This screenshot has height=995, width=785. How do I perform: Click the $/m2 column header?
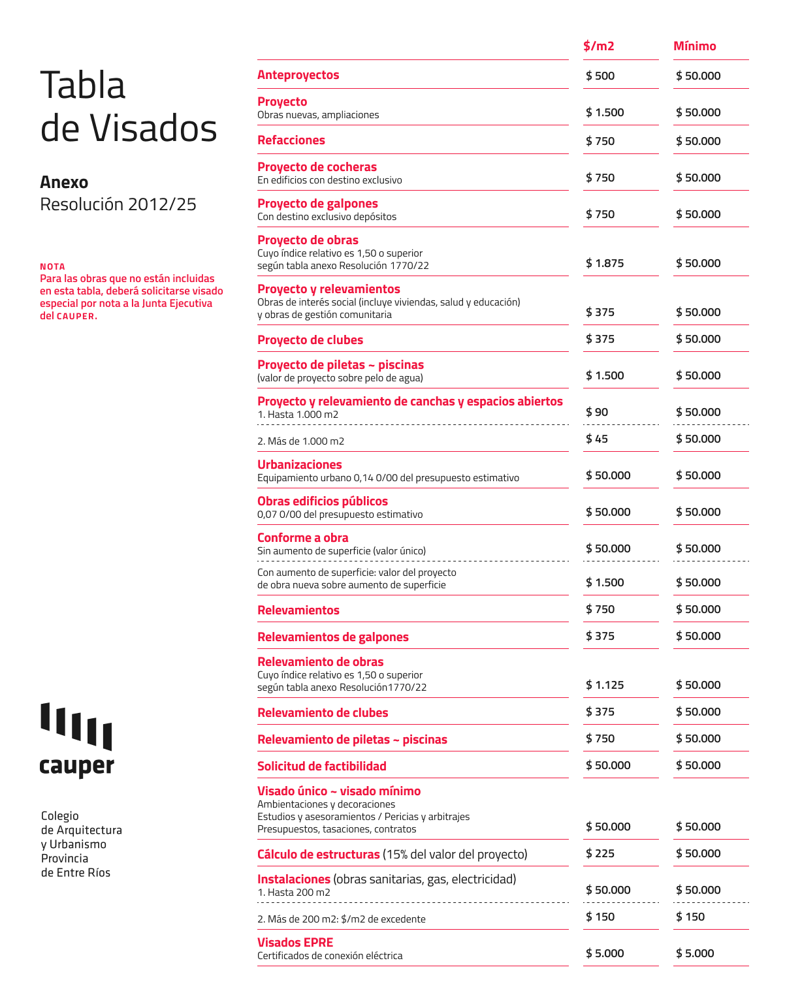599,46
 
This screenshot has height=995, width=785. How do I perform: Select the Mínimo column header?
694,46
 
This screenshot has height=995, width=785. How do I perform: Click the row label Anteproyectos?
298,75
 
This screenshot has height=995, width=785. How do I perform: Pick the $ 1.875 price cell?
605,263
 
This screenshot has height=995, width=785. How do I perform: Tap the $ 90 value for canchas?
597,412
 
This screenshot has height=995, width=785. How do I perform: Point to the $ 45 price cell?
597,439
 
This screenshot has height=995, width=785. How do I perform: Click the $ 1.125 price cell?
605,685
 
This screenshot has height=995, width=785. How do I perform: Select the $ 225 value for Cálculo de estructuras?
600,853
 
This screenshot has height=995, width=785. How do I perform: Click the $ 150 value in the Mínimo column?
690,917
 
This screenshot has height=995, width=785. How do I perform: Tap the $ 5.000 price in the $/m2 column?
605,953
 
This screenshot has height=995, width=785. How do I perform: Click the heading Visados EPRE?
295,942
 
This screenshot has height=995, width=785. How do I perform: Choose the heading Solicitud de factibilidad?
322,766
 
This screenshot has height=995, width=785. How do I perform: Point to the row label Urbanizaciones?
300,464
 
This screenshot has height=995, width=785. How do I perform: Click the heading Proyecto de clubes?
310,340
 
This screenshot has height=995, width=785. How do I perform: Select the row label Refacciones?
291,140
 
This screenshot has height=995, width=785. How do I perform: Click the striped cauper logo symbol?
76,726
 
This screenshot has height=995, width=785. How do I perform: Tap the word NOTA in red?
52,266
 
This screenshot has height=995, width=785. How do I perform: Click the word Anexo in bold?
64,182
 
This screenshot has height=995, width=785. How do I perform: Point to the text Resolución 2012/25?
118,204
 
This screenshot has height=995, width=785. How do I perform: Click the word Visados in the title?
153,128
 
